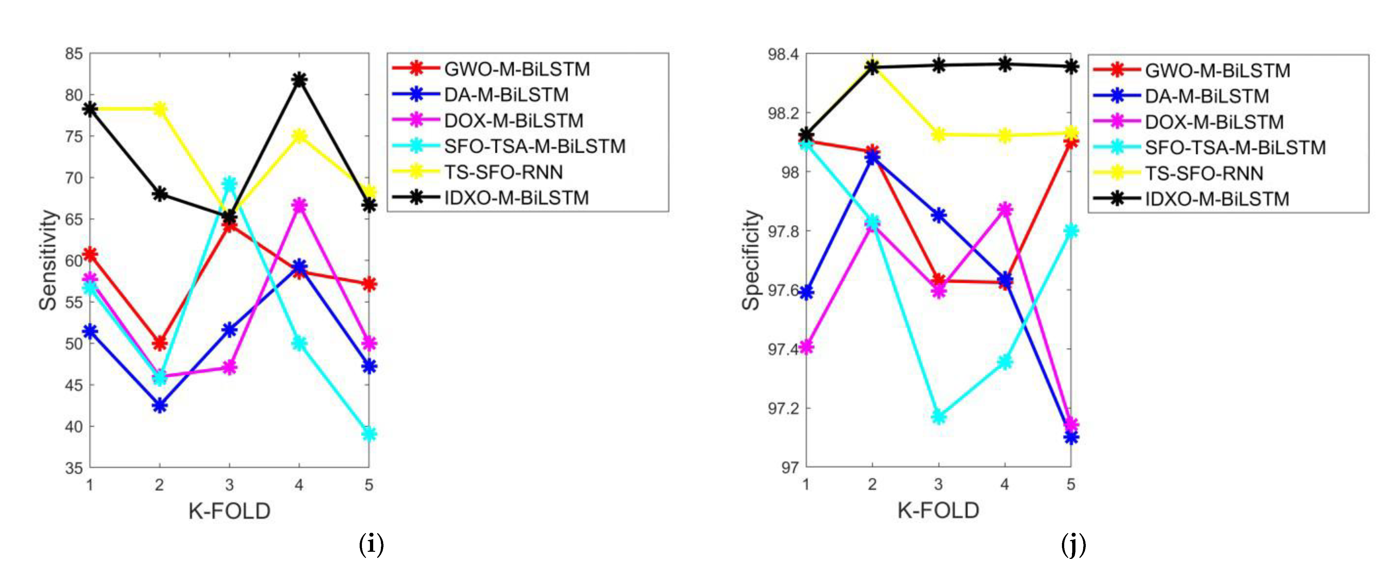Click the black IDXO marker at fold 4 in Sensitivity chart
point(299,80)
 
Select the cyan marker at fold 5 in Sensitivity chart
point(369,433)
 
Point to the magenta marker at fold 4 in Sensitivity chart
point(299,205)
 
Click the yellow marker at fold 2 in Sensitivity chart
point(159,109)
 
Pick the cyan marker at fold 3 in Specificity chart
point(938,416)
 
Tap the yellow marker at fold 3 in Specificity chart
point(938,134)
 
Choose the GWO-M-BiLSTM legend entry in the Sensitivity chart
point(517,69)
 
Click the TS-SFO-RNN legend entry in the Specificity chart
point(1204,173)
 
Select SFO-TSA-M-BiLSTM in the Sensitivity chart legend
point(534,146)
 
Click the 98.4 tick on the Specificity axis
point(783,54)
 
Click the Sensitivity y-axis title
point(48,260)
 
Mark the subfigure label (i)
point(371,545)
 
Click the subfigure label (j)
point(1073,545)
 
